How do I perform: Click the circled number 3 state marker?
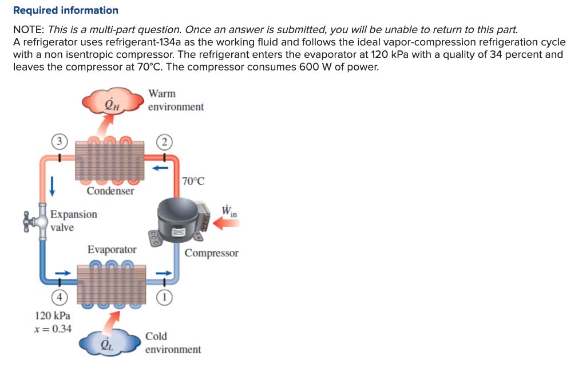(58, 141)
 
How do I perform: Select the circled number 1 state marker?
(164, 296)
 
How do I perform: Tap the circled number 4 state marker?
(58, 297)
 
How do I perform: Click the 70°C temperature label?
(193, 181)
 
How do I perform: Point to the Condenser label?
(110, 191)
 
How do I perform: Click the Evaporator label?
(112, 250)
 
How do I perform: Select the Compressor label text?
(211, 253)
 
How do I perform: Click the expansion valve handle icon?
(30, 220)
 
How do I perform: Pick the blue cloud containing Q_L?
(109, 343)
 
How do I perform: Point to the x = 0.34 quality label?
(53, 329)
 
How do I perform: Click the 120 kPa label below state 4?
(53, 315)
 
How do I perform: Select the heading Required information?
(66, 10)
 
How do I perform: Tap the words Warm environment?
(175, 100)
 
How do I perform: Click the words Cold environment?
(173, 342)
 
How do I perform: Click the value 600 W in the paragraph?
(315, 66)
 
